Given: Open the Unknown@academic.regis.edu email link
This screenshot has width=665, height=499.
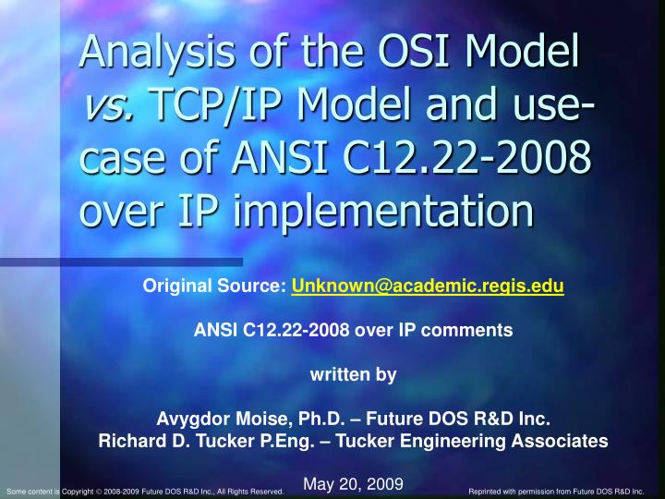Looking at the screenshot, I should (x=428, y=286).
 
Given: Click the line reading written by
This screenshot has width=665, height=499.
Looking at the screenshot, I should (x=353, y=374).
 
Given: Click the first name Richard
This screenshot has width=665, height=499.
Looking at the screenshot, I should (x=129, y=441).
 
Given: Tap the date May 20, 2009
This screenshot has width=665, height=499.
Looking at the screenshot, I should (x=353, y=483).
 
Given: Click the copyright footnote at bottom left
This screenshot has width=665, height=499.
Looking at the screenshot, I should (x=144, y=492).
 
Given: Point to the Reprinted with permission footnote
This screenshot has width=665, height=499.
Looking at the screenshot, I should (x=556, y=492).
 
